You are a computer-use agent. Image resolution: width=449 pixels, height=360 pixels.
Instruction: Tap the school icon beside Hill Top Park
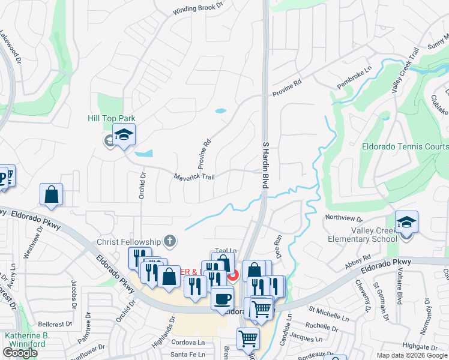124,136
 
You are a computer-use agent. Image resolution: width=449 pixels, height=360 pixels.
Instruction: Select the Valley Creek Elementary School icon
406,223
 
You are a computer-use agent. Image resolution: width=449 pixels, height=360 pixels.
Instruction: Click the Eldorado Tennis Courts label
405,146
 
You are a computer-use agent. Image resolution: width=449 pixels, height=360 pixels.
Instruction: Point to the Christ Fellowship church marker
170,241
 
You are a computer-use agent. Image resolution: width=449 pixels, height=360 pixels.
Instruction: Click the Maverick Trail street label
193,177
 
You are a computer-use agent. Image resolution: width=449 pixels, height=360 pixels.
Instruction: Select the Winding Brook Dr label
197,8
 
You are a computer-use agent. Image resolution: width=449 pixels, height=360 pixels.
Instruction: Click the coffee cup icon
222,298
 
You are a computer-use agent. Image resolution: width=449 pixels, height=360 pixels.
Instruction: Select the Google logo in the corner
20,353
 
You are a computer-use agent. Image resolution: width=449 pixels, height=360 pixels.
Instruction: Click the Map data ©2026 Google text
412,355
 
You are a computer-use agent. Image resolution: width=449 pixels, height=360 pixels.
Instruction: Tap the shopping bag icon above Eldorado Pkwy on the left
51,194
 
